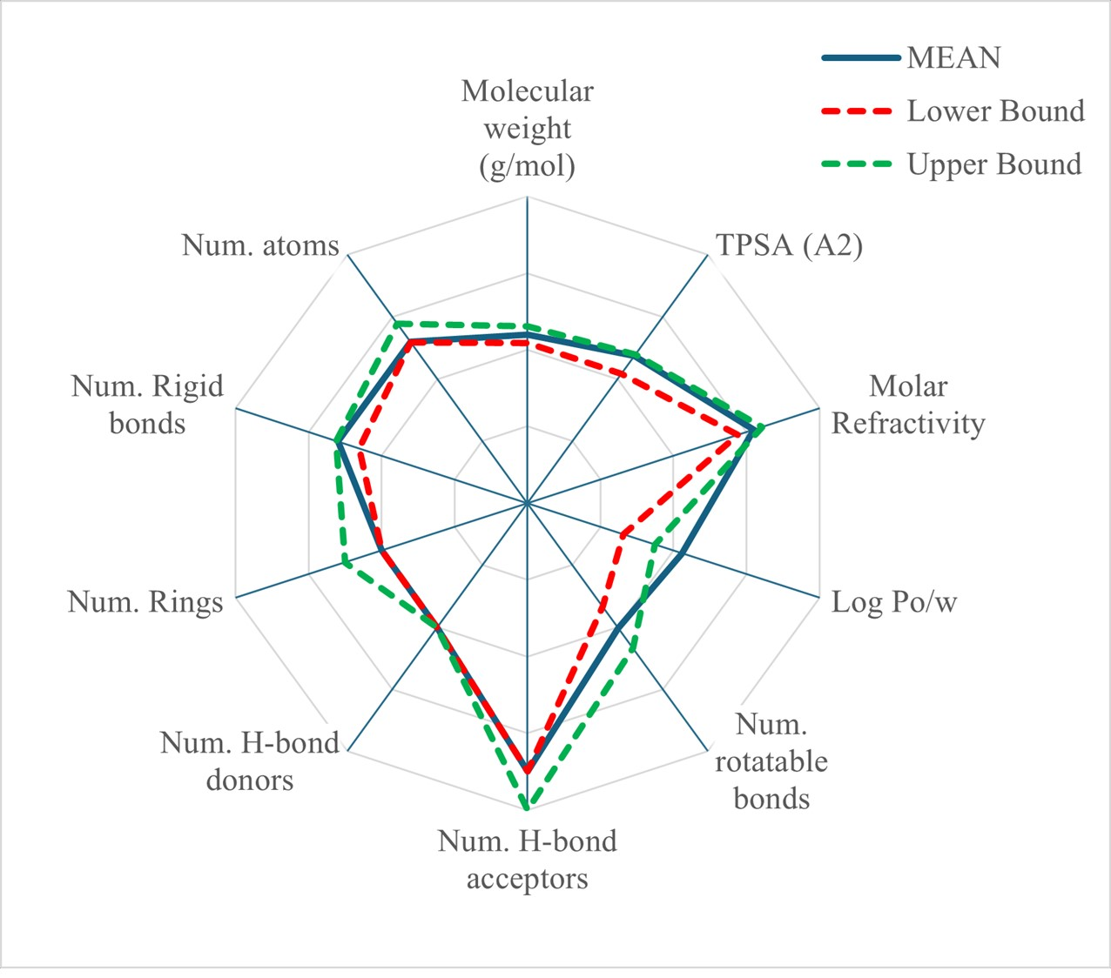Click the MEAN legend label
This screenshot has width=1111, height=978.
coord(954,58)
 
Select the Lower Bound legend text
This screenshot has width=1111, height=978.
coord(995,111)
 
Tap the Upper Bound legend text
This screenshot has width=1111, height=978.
coord(994,164)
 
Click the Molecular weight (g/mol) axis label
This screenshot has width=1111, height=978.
coord(528,128)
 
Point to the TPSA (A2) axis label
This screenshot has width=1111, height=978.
coord(789,245)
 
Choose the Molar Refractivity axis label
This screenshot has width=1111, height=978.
coord(908,405)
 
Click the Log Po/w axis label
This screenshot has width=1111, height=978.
coord(894,602)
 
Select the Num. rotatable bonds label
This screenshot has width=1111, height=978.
coord(771,761)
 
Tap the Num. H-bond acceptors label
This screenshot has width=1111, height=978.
coord(528,860)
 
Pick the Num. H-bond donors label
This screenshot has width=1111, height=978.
coord(250,761)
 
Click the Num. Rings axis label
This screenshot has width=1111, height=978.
coord(145,602)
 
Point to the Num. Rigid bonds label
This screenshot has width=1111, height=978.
coord(147,405)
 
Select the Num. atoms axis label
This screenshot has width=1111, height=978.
coord(260,245)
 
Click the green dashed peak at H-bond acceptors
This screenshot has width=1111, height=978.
coord(527,807)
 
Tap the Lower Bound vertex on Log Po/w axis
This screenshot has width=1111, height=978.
coord(622,534)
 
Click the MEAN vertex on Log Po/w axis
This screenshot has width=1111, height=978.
coord(682,553)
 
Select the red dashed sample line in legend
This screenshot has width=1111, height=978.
coord(858,111)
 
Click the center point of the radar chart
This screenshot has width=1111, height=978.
coord(527,503)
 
